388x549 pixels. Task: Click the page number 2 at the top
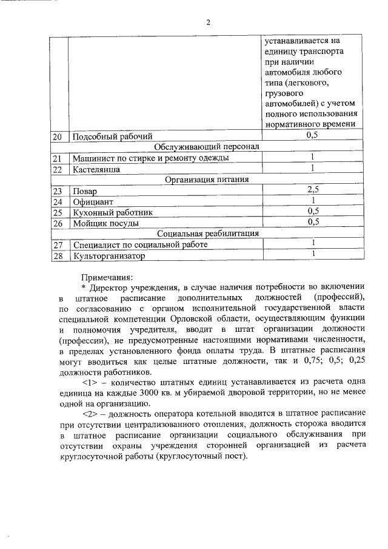[207, 23]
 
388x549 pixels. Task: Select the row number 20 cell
[58, 136]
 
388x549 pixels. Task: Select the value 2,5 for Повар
[313, 190]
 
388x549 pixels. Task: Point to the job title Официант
[93, 201]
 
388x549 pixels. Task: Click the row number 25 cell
[58, 212]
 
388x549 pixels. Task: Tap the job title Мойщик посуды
[105, 223]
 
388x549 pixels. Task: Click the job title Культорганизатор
[109, 256]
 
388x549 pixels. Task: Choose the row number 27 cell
[58, 245]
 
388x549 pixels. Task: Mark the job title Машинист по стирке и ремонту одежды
[150, 158]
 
